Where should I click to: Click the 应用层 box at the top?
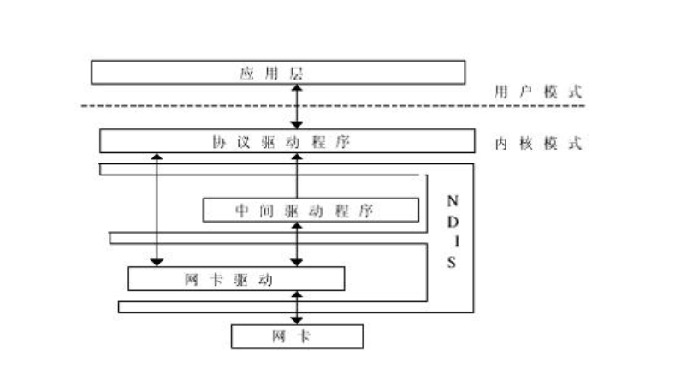278,72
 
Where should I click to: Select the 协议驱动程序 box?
286,141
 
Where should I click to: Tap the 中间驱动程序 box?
310,210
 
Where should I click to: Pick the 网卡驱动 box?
236,278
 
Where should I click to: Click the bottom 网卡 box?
297,335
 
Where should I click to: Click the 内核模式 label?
538,143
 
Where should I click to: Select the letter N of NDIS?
453,200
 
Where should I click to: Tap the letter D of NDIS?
453,221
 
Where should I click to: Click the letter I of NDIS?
453,241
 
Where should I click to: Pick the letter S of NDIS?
453,262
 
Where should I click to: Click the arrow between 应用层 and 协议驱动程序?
297,106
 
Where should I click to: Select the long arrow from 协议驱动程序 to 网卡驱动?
157,210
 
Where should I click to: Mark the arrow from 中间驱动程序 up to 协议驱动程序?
297,175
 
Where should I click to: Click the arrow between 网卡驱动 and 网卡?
297,306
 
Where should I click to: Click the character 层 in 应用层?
296,73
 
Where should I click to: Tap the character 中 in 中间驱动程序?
241,210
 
